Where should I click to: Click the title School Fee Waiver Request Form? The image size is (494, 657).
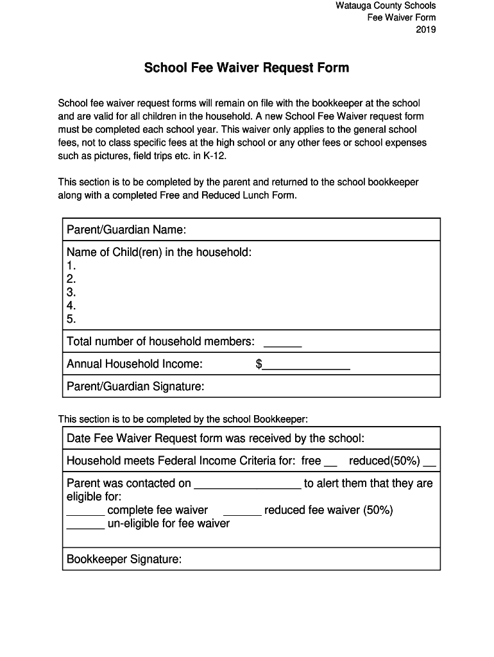(x=246, y=68)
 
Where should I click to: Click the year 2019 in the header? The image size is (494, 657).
(x=425, y=30)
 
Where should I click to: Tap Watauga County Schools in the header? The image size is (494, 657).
(x=386, y=6)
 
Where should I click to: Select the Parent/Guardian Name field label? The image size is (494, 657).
(x=126, y=230)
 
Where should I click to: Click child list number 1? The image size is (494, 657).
(x=71, y=266)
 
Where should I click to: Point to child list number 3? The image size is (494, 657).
(x=71, y=293)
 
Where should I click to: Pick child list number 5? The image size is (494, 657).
(x=71, y=319)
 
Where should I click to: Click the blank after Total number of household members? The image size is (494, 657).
(x=283, y=345)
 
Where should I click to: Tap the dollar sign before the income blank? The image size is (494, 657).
(x=259, y=364)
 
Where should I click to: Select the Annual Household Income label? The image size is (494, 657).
(x=135, y=364)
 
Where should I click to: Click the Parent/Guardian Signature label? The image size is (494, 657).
(x=135, y=386)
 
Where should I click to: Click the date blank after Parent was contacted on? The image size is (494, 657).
(x=248, y=486)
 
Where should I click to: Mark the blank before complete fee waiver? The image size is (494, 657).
(x=85, y=513)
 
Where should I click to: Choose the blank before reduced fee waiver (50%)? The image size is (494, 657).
(x=242, y=513)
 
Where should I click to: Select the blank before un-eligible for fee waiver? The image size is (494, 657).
(x=85, y=527)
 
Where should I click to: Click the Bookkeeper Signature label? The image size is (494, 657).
(x=124, y=559)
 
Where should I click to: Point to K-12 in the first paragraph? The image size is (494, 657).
(x=214, y=156)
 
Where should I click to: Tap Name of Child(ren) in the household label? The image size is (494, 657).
(x=159, y=252)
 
